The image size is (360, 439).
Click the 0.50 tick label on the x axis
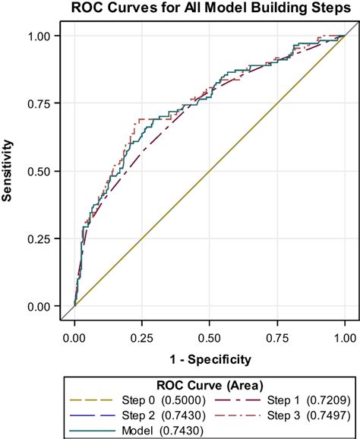(x=210, y=334)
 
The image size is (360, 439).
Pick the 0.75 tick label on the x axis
(x=277, y=334)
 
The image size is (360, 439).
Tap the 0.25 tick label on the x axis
(x=142, y=334)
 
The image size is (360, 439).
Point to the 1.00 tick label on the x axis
(x=345, y=334)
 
